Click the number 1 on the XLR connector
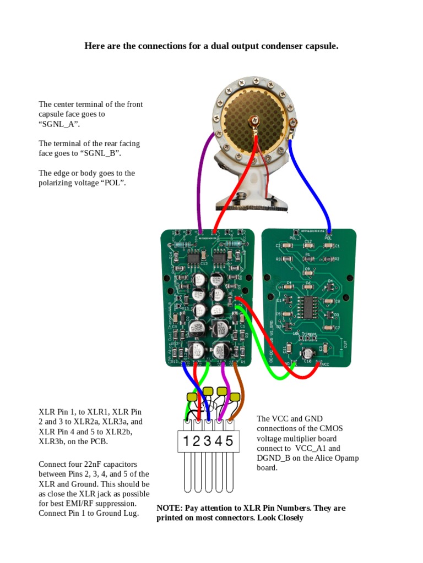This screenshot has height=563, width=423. [187, 441]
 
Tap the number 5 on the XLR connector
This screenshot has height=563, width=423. [229, 441]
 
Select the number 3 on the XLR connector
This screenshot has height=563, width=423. [208, 441]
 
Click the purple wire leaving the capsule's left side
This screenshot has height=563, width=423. [205, 165]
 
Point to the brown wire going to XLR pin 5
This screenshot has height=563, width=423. [237, 385]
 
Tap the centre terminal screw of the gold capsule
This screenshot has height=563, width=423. [254, 119]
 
